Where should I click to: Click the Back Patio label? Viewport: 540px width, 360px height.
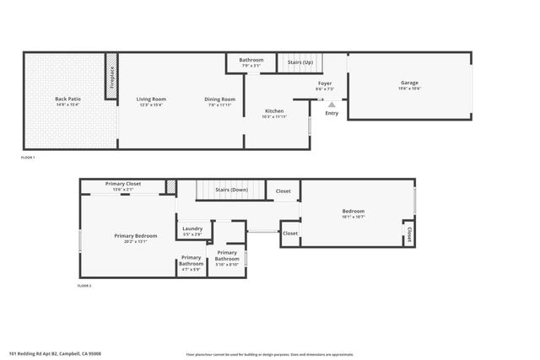click(x=67, y=99)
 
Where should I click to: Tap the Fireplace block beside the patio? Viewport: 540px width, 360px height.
click(x=111, y=78)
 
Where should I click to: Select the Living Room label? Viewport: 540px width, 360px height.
click(x=152, y=99)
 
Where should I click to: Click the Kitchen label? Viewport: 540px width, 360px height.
click(x=275, y=110)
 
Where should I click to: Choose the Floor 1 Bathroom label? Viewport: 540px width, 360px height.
click(x=251, y=60)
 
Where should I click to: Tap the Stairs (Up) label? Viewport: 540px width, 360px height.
click(x=300, y=62)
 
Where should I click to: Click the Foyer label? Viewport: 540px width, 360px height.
click(x=325, y=83)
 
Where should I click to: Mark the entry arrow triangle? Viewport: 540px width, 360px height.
click(x=332, y=104)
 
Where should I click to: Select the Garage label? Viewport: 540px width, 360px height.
click(x=409, y=83)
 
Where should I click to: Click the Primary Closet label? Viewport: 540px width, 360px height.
click(x=122, y=184)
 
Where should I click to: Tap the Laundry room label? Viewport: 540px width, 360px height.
click(x=192, y=228)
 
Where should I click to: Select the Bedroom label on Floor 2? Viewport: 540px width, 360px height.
click(x=354, y=211)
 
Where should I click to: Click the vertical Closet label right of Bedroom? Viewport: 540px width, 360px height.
click(x=408, y=233)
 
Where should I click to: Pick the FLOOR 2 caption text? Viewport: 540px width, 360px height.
click(x=84, y=286)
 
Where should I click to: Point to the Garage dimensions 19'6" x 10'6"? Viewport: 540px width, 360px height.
click(x=409, y=89)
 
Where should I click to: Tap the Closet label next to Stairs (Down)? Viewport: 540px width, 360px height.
click(x=283, y=191)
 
